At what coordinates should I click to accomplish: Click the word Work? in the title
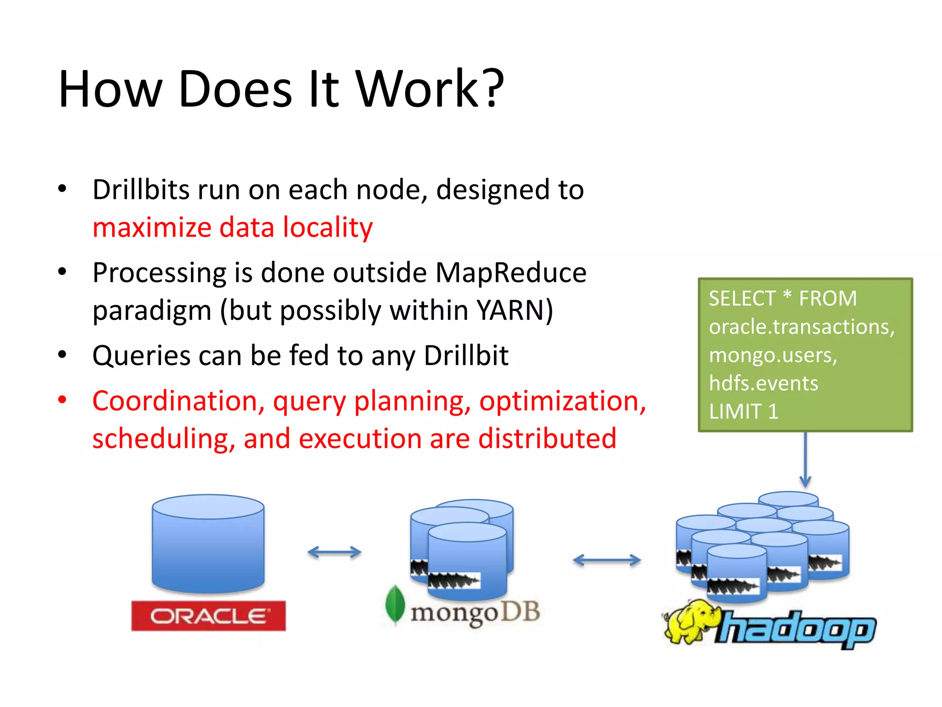(430, 89)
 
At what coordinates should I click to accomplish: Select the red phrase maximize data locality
(232, 227)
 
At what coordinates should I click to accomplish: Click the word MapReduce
(511, 272)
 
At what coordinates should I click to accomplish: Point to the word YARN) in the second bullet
(515, 310)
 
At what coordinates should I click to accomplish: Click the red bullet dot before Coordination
(63, 400)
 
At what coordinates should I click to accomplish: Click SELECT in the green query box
(742, 299)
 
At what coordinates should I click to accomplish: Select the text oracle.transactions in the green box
(800, 327)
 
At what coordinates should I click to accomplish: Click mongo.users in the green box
(773, 355)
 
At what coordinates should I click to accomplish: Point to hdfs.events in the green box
(764, 383)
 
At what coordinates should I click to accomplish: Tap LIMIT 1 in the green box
(743, 411)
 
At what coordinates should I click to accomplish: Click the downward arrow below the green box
(805, 460)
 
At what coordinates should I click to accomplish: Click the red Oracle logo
(208, 616)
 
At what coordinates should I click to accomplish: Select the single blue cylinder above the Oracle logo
(208, 543)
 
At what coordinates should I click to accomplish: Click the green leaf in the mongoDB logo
(395, 604)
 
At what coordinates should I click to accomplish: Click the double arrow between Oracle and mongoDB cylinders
(334, 552)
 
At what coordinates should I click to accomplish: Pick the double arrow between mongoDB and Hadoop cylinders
(607, 560)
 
